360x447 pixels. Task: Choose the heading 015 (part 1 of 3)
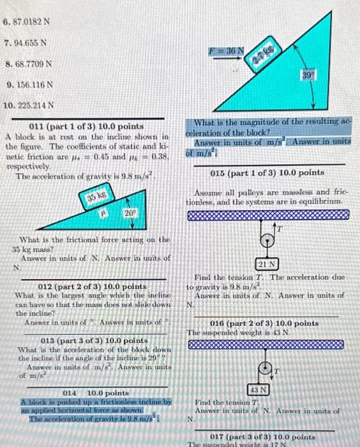(267, 172)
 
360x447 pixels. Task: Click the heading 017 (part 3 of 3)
(267, 437)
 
